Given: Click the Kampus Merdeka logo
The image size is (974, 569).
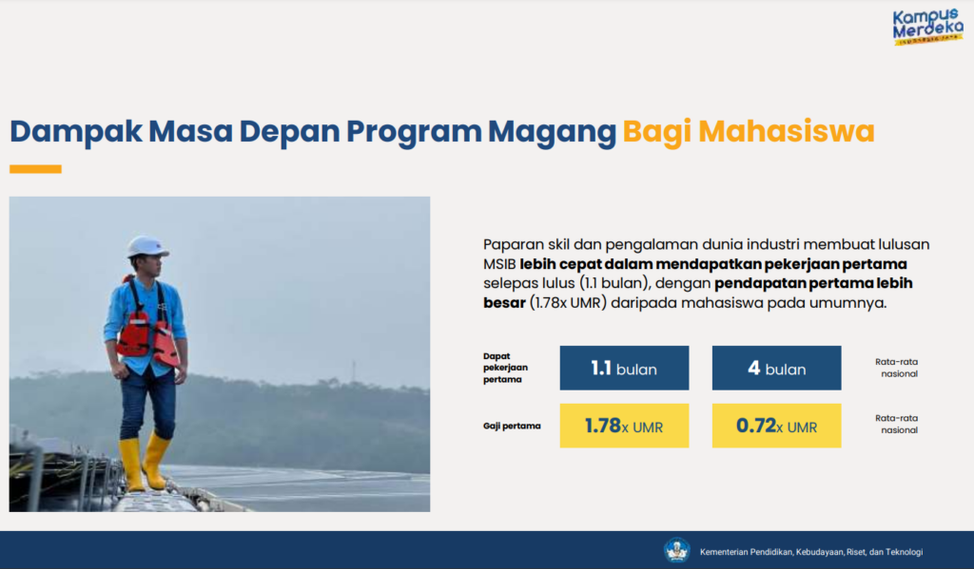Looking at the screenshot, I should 927,28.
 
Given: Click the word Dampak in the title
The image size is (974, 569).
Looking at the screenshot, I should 74,132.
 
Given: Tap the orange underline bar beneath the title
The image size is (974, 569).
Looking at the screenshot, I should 35,169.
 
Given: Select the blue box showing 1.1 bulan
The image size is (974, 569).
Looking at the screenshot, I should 624,368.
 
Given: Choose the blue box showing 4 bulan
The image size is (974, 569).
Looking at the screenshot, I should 776,368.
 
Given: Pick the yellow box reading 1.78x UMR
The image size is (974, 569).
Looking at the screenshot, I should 624,426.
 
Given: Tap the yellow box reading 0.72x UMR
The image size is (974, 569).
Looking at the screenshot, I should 776,426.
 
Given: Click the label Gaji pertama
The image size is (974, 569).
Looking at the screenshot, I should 512,426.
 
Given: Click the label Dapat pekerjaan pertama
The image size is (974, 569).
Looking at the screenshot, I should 505,368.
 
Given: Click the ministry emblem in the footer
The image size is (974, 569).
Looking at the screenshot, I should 676,550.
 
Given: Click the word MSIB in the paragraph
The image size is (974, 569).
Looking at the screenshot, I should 499,263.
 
